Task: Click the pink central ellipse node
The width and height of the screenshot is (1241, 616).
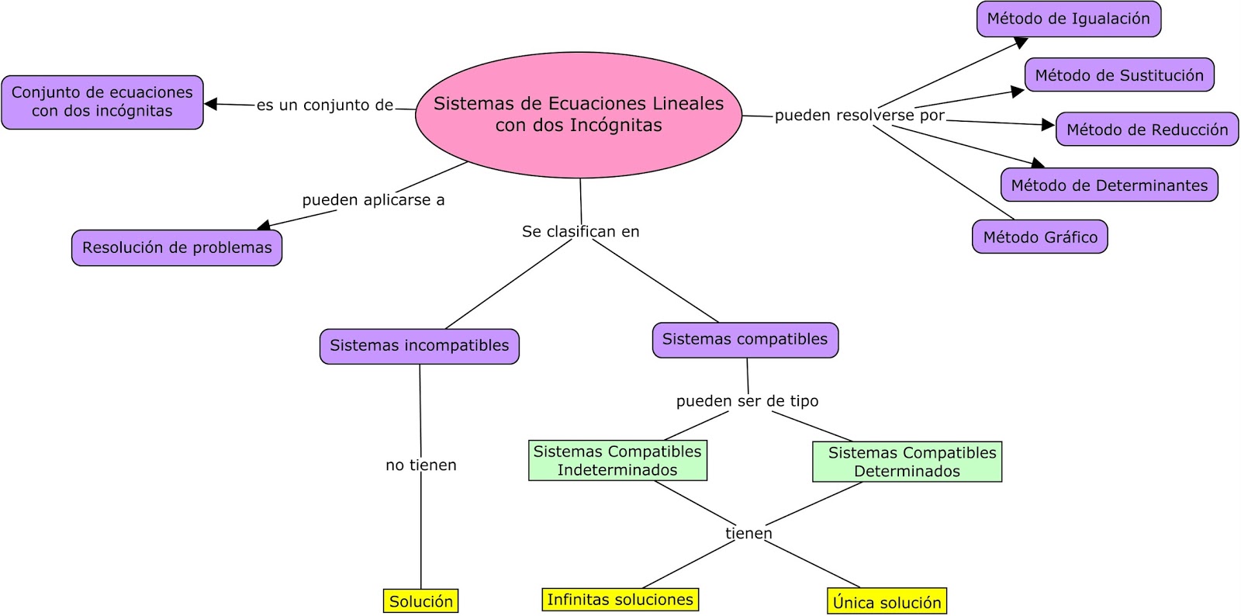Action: (x=579, y=115)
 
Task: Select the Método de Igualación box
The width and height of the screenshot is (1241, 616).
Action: (x=1068, y=19)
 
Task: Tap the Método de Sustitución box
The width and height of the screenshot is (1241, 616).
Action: (x=1118, y=75)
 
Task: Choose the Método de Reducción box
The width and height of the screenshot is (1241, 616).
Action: (x=1146, y=130)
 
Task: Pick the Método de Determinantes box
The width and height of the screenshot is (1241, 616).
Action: (x=1108, y=185)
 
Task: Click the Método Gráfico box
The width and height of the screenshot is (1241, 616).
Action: (x=1039, y=237)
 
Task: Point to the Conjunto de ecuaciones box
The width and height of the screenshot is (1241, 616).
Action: (x=102, y=102)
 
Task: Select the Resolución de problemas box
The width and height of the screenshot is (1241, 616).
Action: (x=177, y=247)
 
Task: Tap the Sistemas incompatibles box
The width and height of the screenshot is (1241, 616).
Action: (x=419, y=346)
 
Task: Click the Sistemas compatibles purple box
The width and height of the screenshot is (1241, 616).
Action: (x=745, y=340)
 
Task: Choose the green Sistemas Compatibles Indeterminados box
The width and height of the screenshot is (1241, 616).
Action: (x=617, y=461)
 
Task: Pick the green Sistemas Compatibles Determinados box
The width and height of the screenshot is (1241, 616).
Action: (x=907, y=462)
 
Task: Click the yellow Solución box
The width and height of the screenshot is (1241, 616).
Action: (x=420, y=601)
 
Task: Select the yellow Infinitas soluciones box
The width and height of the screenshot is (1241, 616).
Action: (x=620, y=600)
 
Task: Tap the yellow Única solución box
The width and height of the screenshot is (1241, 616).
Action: (x=887, y=602)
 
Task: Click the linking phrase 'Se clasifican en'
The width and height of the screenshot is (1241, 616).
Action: (x=580, y=231)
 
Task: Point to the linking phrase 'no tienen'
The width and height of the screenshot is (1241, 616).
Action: (x=420, y=465)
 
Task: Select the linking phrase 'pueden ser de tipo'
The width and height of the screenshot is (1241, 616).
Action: (x=747, y=401)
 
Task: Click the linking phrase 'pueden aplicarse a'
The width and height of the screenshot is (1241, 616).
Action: (x=373, y=200)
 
